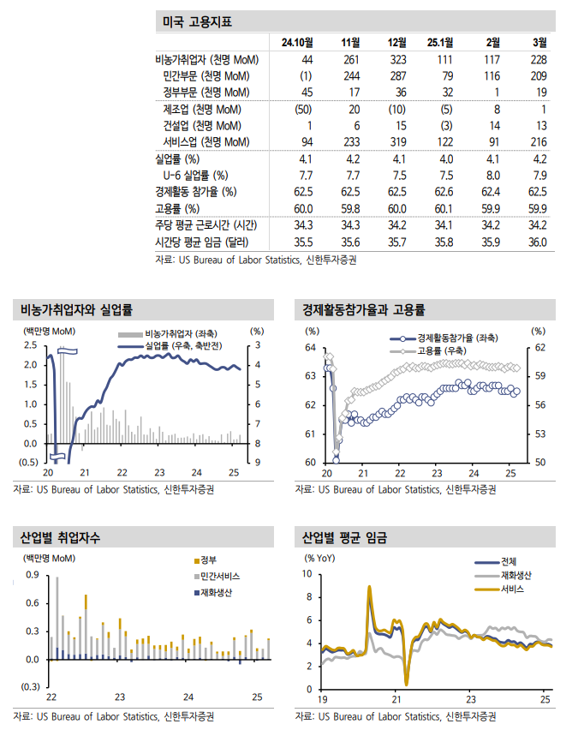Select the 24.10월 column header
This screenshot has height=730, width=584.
tap(296, 42)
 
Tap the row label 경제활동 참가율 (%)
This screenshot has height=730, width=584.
tap(195, 191)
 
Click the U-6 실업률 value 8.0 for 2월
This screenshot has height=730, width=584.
tap(492, 175)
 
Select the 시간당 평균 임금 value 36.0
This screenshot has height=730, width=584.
tap(537, 242)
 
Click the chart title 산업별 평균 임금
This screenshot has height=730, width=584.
tap(344, 539)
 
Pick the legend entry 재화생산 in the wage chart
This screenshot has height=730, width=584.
tap(518, 575)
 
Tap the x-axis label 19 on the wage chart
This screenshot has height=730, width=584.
tap(322, 699)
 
